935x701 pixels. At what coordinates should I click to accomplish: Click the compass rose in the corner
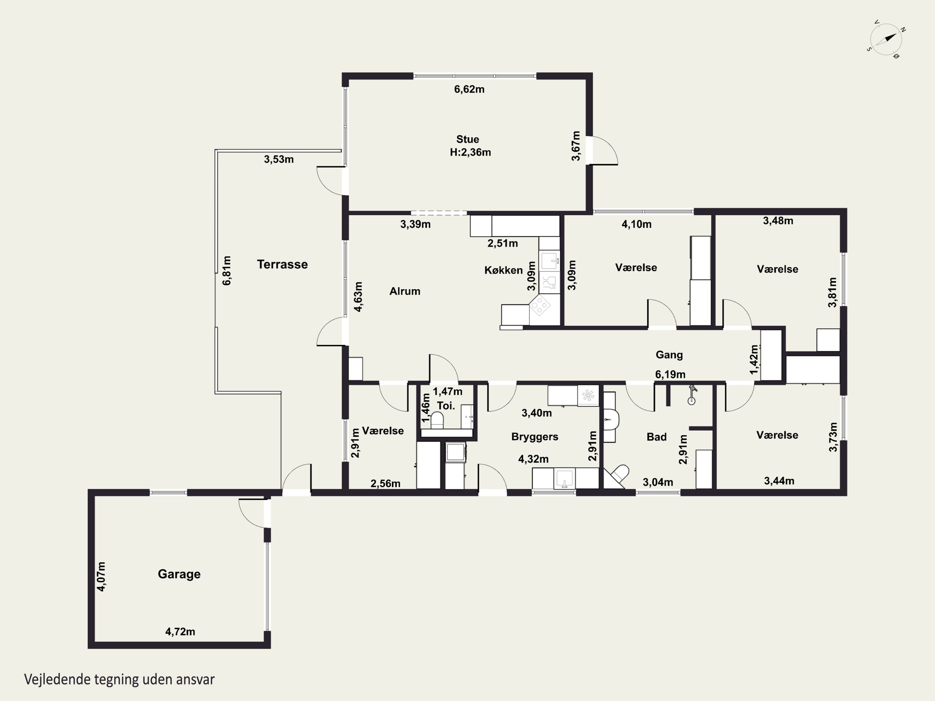(885, 39)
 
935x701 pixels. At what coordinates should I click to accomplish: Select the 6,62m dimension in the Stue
(469, 89)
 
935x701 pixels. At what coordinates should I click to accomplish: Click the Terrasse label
(282, 264)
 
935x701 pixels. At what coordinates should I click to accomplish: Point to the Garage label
(179, 574)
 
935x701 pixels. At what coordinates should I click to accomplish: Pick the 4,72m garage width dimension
(180, 632)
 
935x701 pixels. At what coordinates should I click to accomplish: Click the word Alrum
(405, 291)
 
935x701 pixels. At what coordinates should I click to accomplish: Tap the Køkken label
(503, 270)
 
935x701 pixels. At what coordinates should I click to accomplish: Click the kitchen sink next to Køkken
(549, 261)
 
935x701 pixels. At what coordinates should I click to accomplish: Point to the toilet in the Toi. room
(437, 420)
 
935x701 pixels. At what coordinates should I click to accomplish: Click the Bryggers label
(535, 436)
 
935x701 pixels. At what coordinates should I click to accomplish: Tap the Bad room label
(656, 437)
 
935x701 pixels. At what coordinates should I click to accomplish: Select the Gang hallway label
(669, 355)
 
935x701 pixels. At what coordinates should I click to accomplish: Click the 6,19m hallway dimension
(670, 374)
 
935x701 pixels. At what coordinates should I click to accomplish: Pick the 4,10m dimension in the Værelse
(636, 224)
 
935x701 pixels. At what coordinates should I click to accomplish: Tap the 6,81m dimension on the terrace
(227, 270)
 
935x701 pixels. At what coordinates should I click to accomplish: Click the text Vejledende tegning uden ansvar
(119, 680)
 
